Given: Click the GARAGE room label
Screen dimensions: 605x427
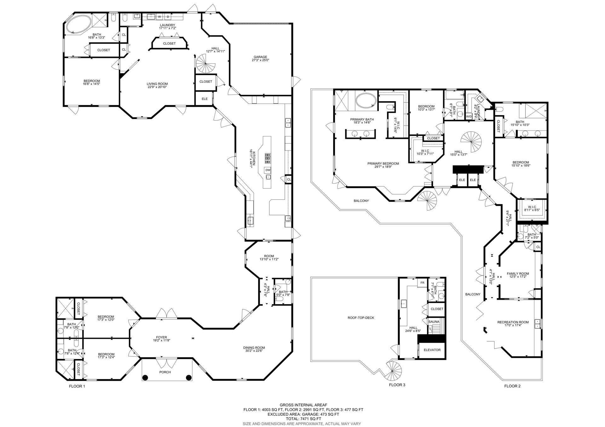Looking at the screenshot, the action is click(x=260, y=57).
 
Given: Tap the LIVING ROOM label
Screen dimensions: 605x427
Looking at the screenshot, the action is click(x=157, y=84).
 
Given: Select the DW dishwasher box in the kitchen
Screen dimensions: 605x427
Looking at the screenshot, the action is click(x=268, y=170).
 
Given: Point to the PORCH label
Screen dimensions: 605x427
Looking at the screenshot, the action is click(x=165, y=372).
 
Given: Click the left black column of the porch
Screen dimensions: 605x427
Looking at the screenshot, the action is click(x=145, y=378).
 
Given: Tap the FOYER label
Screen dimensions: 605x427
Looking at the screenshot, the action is click(x=162, y=337).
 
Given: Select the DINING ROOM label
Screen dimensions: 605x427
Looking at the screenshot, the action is click(x=254, y=348).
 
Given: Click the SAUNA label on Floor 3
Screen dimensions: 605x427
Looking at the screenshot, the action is click(x=434, y=322).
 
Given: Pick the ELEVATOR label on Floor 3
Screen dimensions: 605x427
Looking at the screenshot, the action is click(x=432, y=350).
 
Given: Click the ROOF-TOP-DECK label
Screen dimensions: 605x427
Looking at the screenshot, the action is click(x=361, y=318).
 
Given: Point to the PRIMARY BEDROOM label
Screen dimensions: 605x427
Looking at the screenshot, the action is click(x=383, y=163).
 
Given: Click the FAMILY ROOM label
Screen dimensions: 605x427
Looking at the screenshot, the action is click(x=518, y=274).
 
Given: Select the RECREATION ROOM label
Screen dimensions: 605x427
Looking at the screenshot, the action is click(x=513, y=322).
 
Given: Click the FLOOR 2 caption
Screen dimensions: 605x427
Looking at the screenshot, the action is click(x=512, y=386).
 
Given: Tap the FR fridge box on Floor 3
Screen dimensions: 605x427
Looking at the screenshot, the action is click(x=422, y=283).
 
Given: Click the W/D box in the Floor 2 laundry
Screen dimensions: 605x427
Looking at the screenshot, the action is click(x=469, y=117).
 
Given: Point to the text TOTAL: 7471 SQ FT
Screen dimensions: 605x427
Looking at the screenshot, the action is click(x=303, y=419).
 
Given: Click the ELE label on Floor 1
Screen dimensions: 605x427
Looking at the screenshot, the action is click(x=205, y=99).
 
